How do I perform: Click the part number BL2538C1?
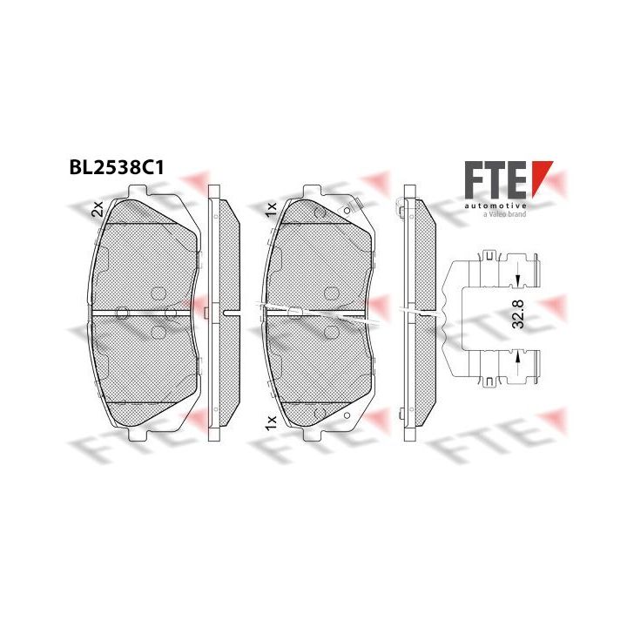click(x=117, y=168)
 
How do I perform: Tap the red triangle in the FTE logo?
click(x=541, y=176)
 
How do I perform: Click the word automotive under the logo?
click(x=495, y=206)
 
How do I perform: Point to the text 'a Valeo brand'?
click(x=504, y=214)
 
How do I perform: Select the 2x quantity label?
click(x=98, y=209)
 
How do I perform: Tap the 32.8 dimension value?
click(x=518, y=315)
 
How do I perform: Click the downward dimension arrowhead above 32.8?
click(x=518, y=280)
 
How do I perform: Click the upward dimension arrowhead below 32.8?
click(x=518, y=357)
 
